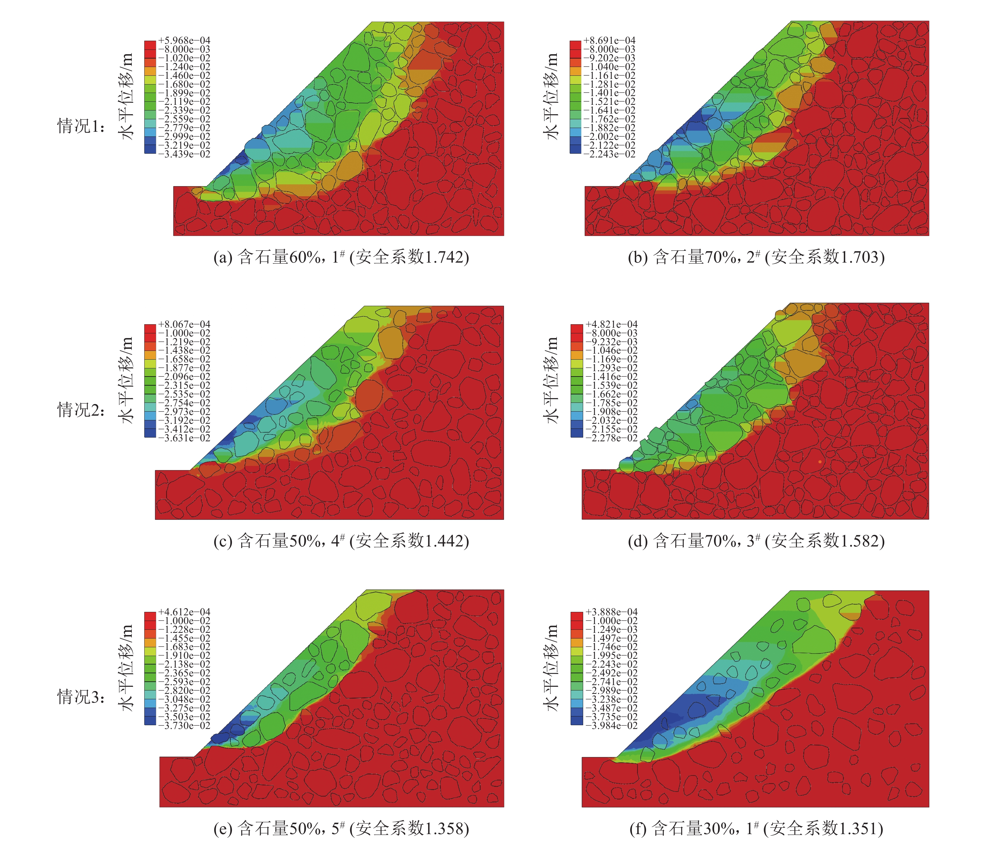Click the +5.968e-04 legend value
click(184, 40)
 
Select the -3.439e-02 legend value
click(184, 154)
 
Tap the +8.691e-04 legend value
click(609, 40)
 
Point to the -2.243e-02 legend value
click(609, 154)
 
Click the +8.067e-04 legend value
click(184, 324)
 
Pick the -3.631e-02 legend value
click(184, 438)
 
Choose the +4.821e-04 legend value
click(612, 324)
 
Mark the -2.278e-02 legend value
click(612, 438)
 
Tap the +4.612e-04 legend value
click(184, 612)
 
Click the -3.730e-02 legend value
click(184, 725)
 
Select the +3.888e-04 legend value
click(612, 612)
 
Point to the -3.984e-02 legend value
click(612, 725)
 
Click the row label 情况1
click(81, 126)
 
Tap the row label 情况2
click(81, 410)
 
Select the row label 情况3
click(81, 697)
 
